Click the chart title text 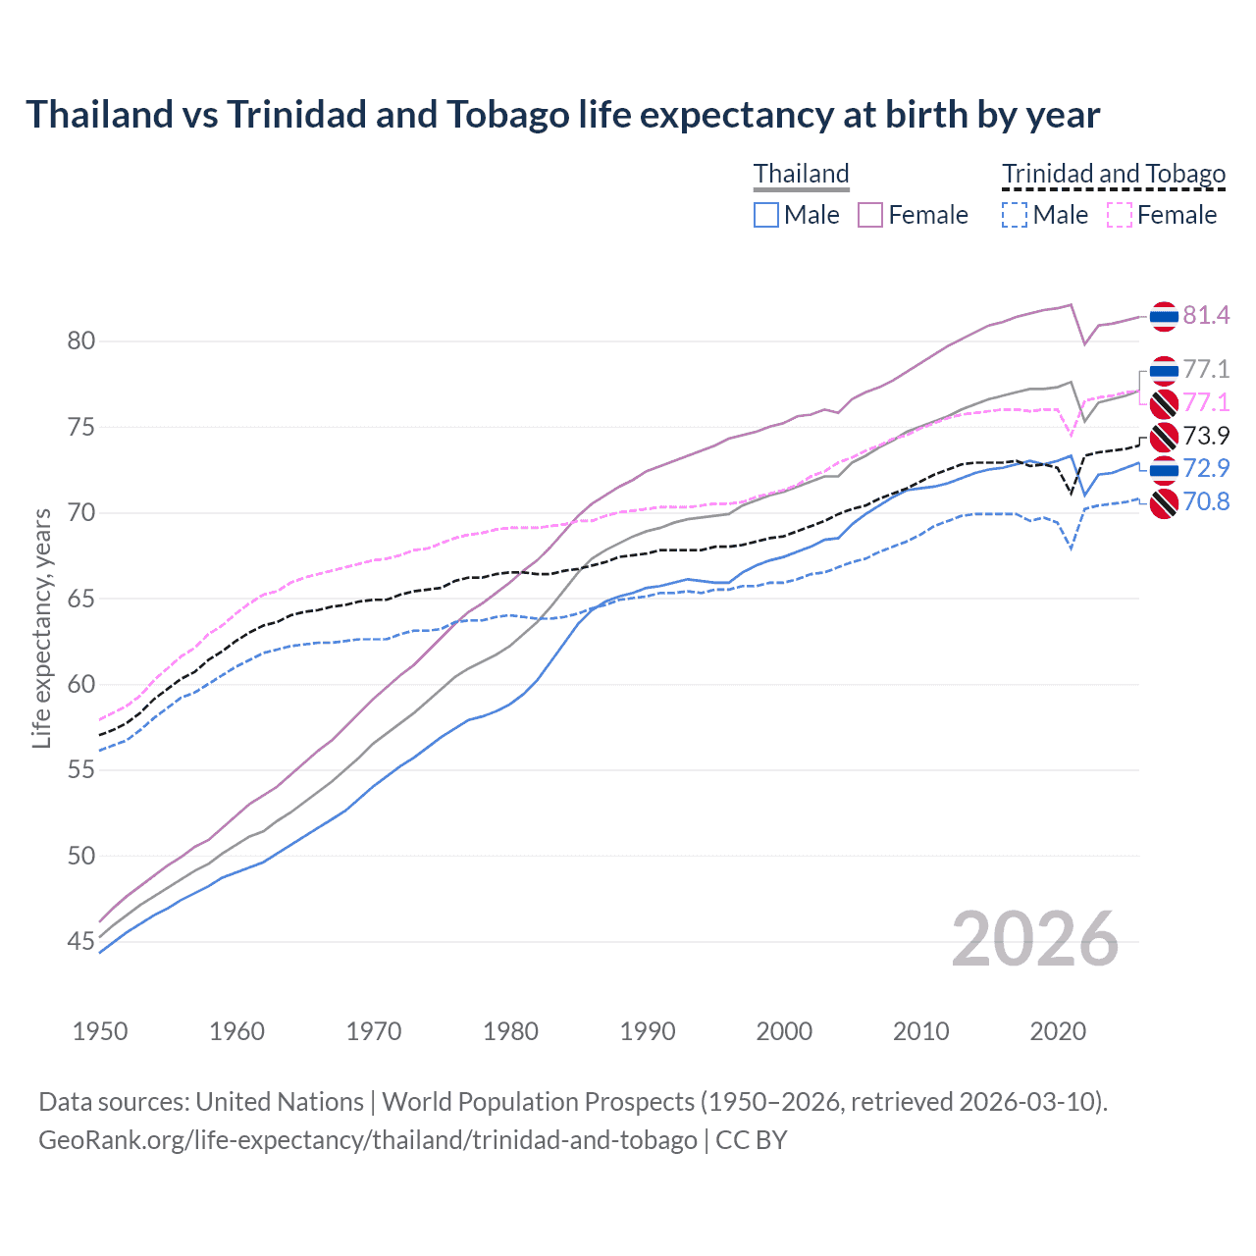coord(563,115)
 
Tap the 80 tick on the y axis coord(81,341)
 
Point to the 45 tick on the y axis coord(81,942)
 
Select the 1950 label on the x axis coord(100,1031)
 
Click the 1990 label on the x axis coord(648,1031)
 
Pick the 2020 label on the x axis coord(1058,1031)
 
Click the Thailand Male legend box coord(766,215)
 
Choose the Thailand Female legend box coord(870,215)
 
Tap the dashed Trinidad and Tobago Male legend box coord(1015,215)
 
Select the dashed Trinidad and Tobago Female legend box coord(1120,215)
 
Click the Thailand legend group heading coord(801,174)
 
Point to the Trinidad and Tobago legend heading coord(1114,174)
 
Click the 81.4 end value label coord(1206,315)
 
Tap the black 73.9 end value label coord(1206,436)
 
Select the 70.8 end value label coord(1206,502)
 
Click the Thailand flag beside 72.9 coord(1164,470)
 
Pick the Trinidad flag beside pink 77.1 coord(1164,403)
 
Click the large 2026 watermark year coord(1035,940)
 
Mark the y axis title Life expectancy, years coord(42,628)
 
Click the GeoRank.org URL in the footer coord(368,1140)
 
